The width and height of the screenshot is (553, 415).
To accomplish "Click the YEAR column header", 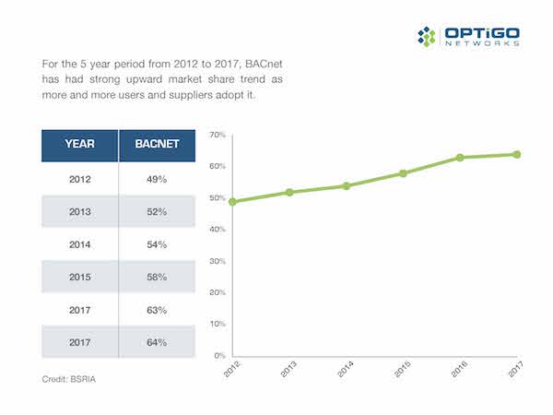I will click(79, 145).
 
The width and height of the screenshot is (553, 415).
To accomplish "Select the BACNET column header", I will click(156, 145).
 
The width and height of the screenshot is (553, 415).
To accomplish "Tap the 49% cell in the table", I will click(156, 179).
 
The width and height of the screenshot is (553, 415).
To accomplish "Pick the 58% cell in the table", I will click(156, 277).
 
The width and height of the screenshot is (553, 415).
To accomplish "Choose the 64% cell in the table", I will click(156, 343).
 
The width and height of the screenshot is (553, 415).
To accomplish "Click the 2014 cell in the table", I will click(79, 244).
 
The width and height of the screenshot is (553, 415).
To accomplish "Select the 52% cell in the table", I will click(156, 212).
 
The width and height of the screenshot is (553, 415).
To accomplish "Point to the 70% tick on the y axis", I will click(218, 136).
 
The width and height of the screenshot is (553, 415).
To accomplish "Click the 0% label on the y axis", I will click(220, 356).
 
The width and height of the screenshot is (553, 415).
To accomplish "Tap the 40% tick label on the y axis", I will click(218, 230).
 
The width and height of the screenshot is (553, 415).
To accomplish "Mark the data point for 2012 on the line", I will click(233, 201).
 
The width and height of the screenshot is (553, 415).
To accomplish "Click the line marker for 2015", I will click(403, 173).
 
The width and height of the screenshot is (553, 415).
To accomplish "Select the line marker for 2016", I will click(460, 158).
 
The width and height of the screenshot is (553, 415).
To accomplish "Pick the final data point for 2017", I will click(516, 154).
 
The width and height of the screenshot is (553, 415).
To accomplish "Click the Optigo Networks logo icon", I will click(426, 37).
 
